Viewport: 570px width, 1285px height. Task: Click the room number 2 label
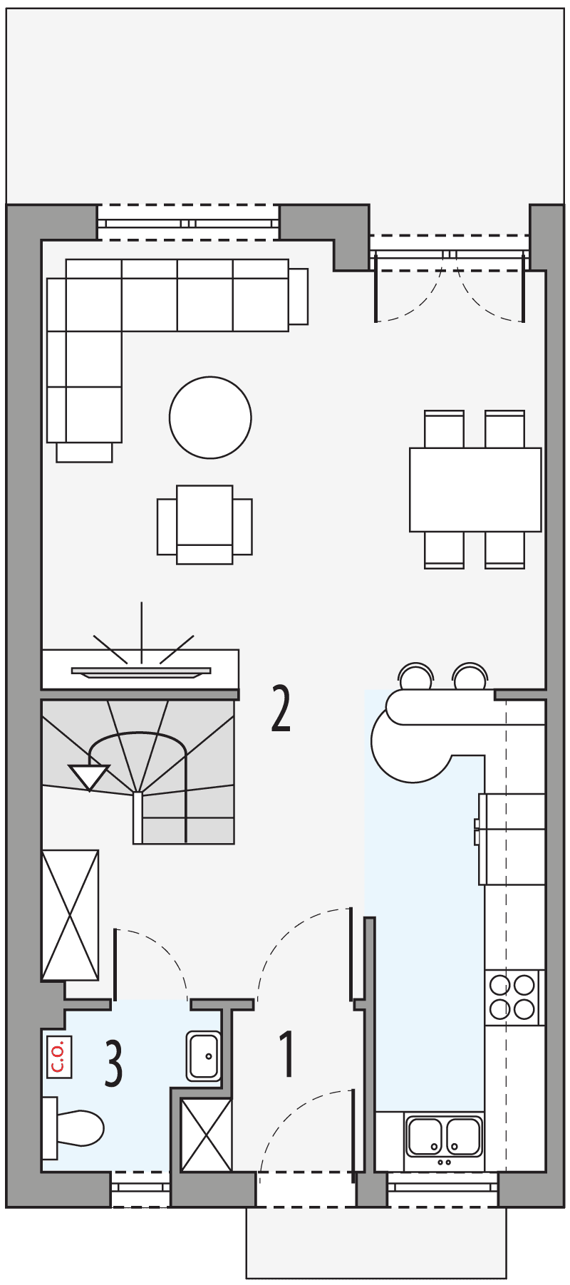pos(281,709)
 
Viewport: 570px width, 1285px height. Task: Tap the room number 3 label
pos(114,1063)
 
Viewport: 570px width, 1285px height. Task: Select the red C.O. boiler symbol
pos(58,1056)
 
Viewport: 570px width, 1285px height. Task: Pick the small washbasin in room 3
pos(204,1056)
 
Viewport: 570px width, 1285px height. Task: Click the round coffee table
pos(210,417)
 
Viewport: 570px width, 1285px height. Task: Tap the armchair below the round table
pos(204,525)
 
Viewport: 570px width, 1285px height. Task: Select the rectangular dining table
pos(475,489)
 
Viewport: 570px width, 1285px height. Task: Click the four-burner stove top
pos(512,997)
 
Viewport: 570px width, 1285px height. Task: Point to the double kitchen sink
pos(443,1136)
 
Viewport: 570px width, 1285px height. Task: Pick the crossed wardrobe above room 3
pos(70,915)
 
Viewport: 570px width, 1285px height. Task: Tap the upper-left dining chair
pos(444,429)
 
